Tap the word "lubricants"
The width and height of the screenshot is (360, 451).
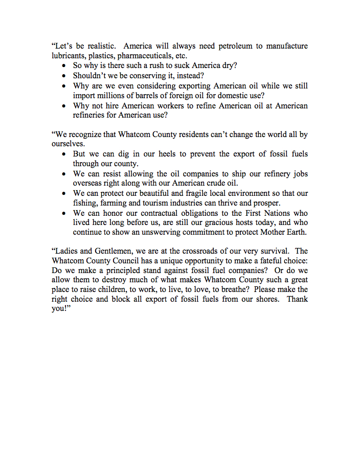point(70,56)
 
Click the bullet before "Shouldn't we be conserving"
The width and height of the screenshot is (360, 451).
point(63,76)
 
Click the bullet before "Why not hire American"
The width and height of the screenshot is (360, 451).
point(63,106)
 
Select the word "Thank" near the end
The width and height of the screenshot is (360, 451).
point(297,300)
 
